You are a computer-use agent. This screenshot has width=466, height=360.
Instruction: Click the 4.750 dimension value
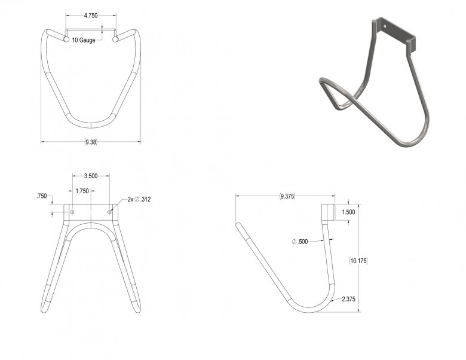coord(91,16)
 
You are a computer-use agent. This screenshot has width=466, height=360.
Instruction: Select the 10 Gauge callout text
coord(84,40)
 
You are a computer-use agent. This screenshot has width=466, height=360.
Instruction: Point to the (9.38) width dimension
coord(91,142)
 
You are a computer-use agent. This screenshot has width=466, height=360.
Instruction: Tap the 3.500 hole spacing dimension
coord(91,176)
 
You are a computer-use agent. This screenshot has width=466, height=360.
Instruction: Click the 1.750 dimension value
coord(82,191)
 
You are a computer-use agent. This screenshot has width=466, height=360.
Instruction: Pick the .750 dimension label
coord(42,196)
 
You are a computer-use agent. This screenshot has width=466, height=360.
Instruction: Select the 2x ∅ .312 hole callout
coord(139,199)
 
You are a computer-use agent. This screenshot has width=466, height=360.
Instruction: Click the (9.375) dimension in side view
coord(287,196)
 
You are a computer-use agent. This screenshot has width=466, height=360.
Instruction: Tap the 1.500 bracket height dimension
coord(348,212)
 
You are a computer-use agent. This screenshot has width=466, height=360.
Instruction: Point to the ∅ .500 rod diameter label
coord(299,242)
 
